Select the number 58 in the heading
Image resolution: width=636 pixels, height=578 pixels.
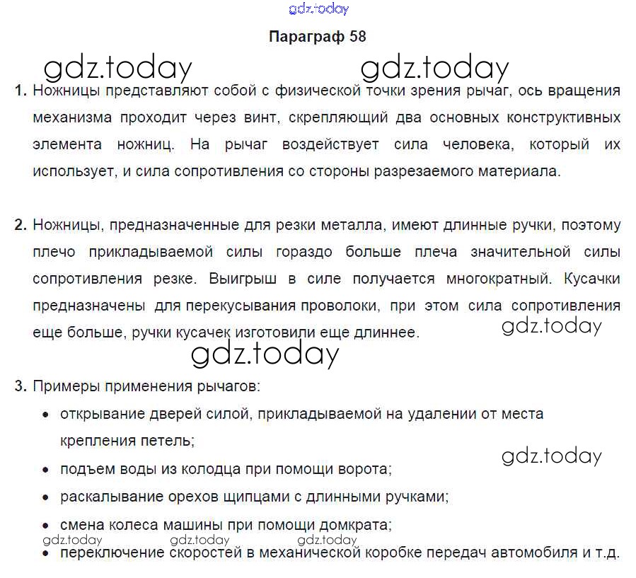pos(358,37)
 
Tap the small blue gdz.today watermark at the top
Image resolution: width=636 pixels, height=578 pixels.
pos(319,9)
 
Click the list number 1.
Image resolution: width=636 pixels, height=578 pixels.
pos(20,91)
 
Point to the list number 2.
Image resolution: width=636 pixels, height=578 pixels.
pos(20,226)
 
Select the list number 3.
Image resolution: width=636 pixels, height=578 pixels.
pos(20,386)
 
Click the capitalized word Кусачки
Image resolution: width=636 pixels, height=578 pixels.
pos(592,279)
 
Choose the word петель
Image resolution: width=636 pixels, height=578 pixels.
pos(169,440)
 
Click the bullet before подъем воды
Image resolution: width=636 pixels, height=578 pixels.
pos(46,470)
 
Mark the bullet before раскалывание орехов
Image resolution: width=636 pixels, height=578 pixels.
pos(46,497)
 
